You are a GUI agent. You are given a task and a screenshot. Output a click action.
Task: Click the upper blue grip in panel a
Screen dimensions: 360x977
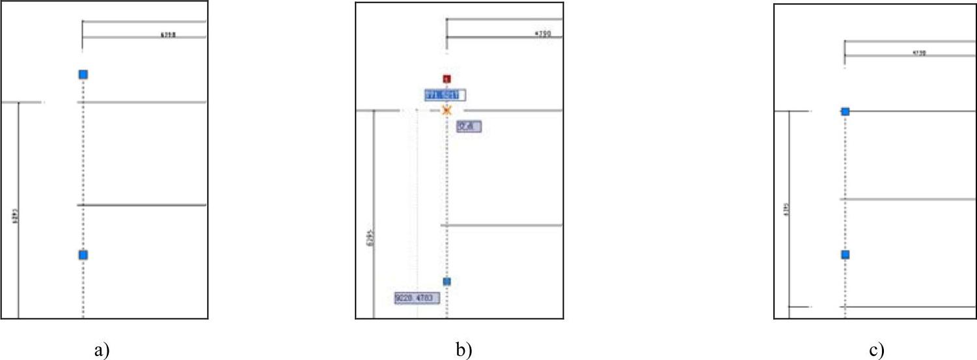(x=83, y=75)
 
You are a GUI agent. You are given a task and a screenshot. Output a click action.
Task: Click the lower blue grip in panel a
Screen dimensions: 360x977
(x=83, y=255)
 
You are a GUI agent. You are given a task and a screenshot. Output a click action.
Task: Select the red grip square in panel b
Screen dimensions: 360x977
(x=447, y=79)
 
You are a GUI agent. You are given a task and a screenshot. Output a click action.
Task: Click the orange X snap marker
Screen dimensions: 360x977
(x=447, y=110)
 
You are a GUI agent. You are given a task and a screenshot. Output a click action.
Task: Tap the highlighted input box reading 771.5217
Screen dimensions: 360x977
(x=445, y=95)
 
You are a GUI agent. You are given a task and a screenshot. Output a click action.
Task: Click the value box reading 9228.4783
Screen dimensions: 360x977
(x=417, y=298)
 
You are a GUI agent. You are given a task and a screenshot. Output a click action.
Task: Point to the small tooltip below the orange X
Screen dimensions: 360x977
(x=469, y=127)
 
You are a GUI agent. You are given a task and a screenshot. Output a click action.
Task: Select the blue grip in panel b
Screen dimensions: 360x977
(x=447, y=281)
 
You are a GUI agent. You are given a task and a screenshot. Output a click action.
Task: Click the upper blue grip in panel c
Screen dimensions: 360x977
(x=845, y=112)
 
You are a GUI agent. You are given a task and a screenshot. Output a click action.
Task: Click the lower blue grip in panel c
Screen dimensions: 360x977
(x=845, y=255)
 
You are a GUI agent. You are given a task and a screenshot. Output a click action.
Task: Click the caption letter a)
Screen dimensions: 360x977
(x=100, y=350)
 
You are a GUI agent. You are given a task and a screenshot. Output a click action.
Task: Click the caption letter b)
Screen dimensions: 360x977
(x=463, y=350)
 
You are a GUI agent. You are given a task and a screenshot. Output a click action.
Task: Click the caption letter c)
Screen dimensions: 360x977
(x=877, y=350)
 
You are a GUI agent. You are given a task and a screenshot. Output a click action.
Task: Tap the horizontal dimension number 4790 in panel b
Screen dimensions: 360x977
(x=542, y=34)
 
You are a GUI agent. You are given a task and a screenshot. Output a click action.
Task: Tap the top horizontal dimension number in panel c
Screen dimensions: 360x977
(x=920, y=53)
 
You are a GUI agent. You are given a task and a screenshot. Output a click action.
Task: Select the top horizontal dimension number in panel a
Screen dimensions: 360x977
(x=168, y=35)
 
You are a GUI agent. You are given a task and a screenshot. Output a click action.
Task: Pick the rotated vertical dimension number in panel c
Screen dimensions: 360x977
(x=786, y=210)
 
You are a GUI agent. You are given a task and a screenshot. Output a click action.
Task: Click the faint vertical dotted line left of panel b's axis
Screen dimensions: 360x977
(x=417, y=195)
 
